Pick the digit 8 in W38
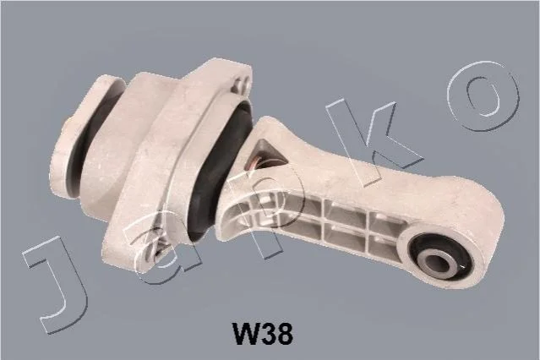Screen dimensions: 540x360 (285, 334)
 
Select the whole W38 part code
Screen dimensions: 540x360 (263, 334)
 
